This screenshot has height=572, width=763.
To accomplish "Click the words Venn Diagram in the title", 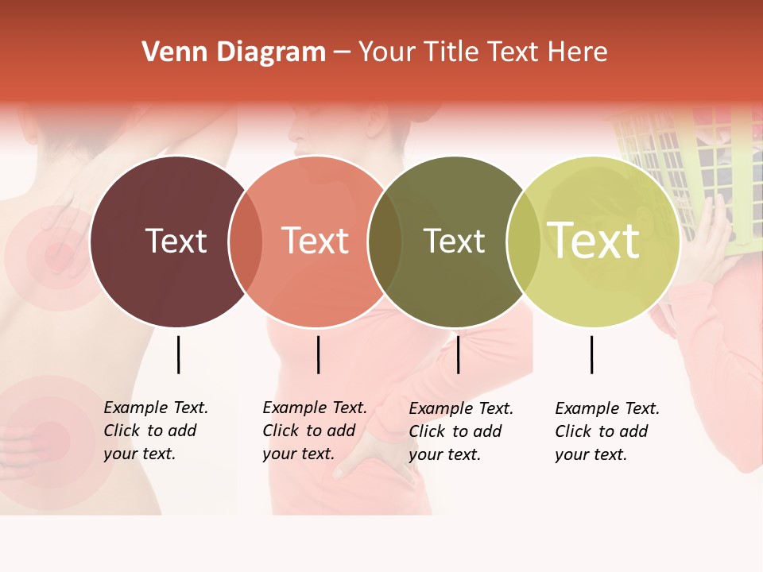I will coord(234,52).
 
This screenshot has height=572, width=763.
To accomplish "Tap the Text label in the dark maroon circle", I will coord(176,241).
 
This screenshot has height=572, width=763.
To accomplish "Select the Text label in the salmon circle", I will coord(316,241).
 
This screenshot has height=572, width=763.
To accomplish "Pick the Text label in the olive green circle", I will coord(454,241).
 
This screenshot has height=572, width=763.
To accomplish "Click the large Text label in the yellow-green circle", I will coord(594,241).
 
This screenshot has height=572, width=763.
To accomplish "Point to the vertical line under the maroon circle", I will coord(178,354).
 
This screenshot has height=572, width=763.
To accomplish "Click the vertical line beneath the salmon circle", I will coord(318,354).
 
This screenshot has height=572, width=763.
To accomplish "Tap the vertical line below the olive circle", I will coord(458,354).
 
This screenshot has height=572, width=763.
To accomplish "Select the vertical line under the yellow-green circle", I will coord(591,354).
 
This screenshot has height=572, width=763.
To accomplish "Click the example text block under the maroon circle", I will coord(156,431).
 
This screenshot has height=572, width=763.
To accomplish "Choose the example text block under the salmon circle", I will coord(315,431).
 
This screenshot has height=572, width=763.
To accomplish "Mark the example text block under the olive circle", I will coord(461,431).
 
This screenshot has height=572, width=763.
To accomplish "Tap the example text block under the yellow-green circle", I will coord(607,431).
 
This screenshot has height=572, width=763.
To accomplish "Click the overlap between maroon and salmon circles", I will coord(246,241).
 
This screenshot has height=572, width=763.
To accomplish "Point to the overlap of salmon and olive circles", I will coord(385,241).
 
